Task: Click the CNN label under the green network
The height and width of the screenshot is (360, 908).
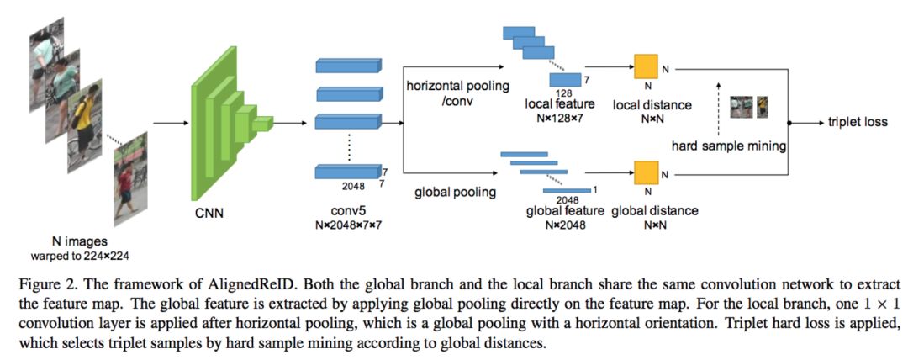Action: (x=209, y=214)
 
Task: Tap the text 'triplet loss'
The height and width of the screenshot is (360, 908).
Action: (x=858, y=123)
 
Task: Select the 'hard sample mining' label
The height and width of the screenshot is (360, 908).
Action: (x=728, y=146)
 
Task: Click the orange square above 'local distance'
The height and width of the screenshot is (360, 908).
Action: (x=647, y=66)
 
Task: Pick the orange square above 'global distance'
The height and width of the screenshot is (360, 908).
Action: (x=647, y=172)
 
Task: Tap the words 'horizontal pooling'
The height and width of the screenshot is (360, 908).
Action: (x=457, y=87)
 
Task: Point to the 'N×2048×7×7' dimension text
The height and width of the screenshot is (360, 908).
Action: (x=347, y=224)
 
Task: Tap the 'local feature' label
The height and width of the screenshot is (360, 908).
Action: (x=559, y=104)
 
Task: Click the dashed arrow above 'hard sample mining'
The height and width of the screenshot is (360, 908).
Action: (x=718, y=108)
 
